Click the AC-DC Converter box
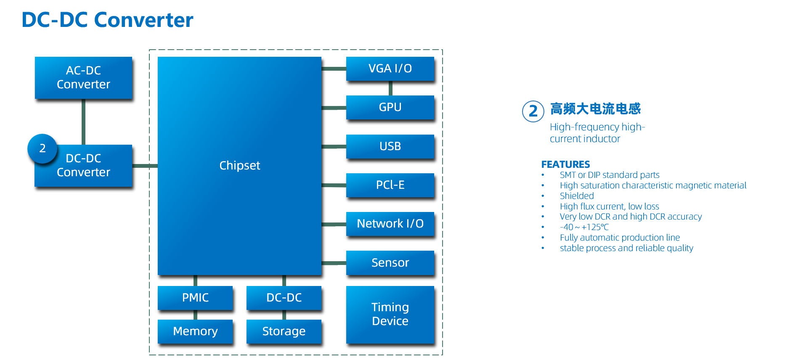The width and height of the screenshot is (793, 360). click(x=83, y=78)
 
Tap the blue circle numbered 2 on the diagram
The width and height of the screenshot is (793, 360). click(x=42, y=148)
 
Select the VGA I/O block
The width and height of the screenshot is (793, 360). click(x=390, y=69)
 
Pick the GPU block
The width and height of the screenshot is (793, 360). click(x=390, y=107)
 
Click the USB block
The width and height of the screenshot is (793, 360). click(x=390, y=146)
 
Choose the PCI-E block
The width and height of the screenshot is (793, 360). click(x=390, y=185)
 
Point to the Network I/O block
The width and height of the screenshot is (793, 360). click(x=390, y=224)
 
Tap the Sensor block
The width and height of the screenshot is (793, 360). click(x=390, y=262)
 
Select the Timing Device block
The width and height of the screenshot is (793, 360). click(x=390, y=314)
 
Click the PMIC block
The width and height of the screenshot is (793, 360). click(x=195, y=298)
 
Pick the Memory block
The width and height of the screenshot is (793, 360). click(x=195, y=331)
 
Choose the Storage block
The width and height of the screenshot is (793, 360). click(x=284, y=331)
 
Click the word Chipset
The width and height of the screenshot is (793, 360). click(x=240, y=166)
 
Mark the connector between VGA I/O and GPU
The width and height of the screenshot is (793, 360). click(x=390, y=88)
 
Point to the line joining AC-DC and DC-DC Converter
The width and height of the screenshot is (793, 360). click(x=83, y=122)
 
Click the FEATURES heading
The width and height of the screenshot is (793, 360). click(x=565, y=164)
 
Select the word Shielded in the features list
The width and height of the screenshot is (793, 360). click(x=577, y=196)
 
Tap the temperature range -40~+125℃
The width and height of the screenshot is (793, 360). click(x=584, y=227)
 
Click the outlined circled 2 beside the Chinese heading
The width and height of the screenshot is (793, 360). click(x=533, y=111)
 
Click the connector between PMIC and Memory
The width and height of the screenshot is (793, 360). click(x=195, y=315)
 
